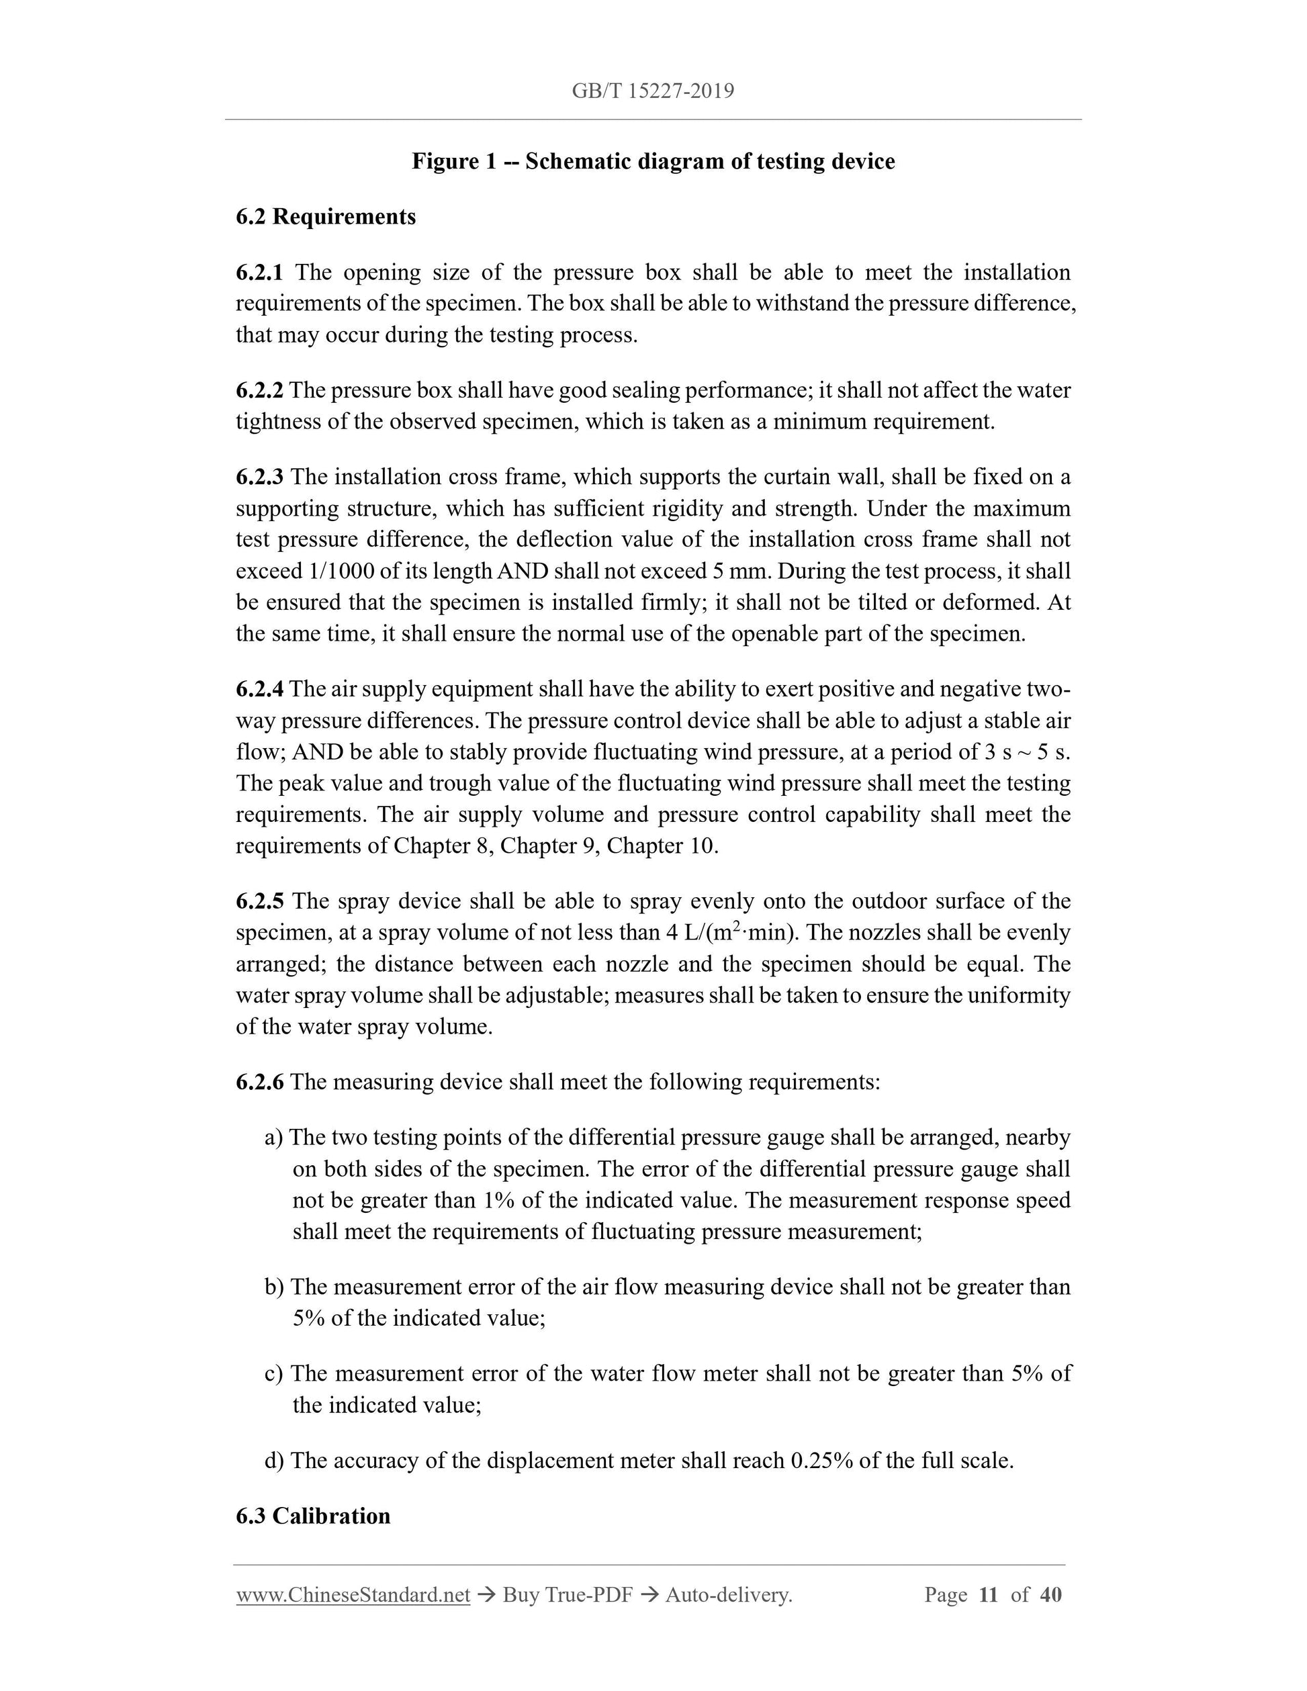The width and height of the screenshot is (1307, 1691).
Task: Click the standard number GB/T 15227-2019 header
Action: click(x=653, y=91)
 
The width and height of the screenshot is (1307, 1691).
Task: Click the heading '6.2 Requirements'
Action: click(x=325, y=217)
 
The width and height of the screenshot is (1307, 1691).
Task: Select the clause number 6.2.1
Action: click(x=259, y=273)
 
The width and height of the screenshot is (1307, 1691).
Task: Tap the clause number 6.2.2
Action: click(x=259, y=390)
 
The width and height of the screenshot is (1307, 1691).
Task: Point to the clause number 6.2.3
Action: click(x=259, y=477)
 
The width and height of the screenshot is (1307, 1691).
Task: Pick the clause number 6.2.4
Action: click(x=259, y=689)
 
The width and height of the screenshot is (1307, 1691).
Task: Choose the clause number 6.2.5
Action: click(x=259, y=901)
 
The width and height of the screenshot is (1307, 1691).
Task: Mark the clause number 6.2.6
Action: click(x=259, y=1082)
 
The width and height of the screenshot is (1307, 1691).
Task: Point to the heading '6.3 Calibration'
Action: click(x=313, y=1516)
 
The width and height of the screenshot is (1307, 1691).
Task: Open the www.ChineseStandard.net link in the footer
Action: click(x=353, y=1595)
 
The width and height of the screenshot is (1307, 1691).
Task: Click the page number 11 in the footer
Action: click(x=988, y=1595)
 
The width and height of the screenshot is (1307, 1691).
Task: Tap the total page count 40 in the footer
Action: click(x=1050, y=1595)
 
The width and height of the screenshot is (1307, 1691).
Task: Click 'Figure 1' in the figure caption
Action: click(x=453, y=162)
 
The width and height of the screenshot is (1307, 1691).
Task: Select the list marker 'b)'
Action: click(x=274, y=1287)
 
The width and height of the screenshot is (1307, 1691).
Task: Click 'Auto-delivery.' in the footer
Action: click(x=729, y=1595)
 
